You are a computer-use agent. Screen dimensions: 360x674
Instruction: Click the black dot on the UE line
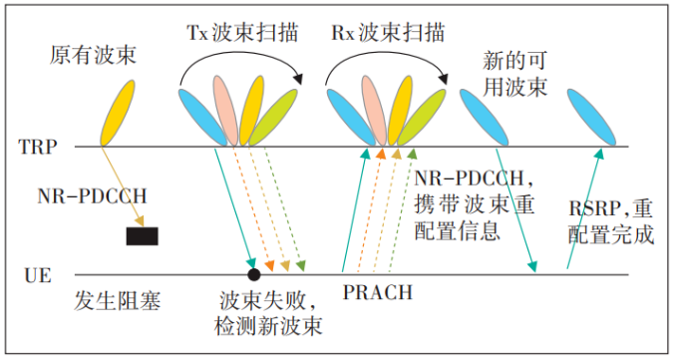pyautogui.click(x=254, y=273)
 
